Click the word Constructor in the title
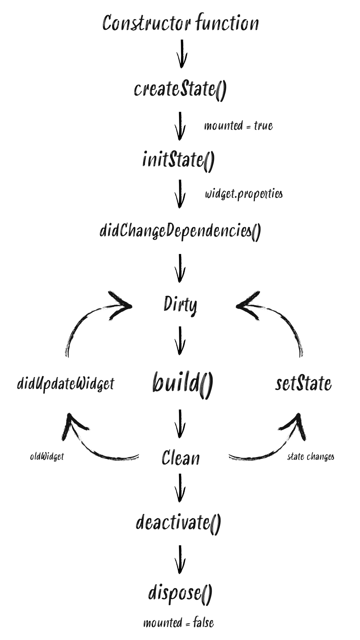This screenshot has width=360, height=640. [x=147, y=23]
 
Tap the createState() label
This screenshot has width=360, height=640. [x=180, y=89]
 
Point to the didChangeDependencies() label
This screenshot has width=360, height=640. [x=180, y=231]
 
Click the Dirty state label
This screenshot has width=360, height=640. [x=180, y=305]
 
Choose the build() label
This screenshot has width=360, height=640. [x=182, y=383]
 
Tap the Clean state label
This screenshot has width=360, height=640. [x=181, y=457]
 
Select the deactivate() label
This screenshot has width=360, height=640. [x=178, y=522]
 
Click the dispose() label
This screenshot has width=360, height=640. [x=180, y=593]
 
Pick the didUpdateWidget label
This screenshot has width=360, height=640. [x=66, y=384]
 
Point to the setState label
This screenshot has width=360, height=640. [x=303, y=384]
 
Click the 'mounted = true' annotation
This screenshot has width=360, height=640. [x=238, y=126]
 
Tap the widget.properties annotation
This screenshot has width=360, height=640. [x=244, y=194]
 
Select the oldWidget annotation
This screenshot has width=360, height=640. [x=47, y=456]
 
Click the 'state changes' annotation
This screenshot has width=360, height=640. [x=311, y=456]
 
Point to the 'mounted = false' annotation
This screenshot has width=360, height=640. [x=178, y=623]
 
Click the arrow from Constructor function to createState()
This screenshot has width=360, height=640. [x=182, y=53]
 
